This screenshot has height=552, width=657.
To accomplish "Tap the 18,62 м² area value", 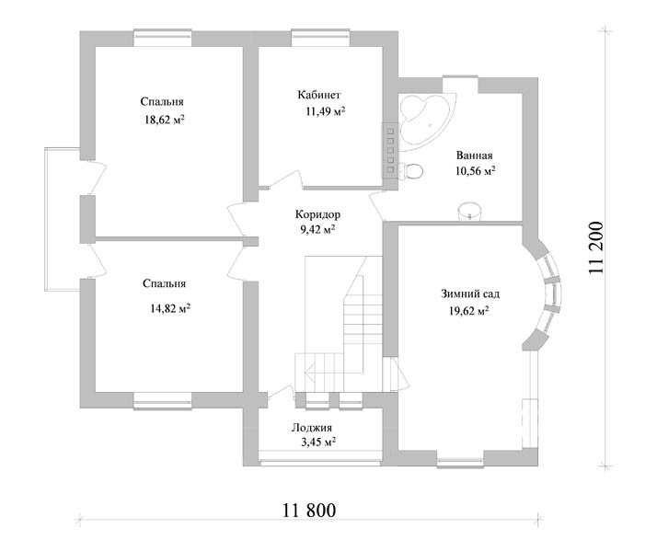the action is tap(165, 121).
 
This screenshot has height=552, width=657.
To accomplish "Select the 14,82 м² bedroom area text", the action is tap(170, 309).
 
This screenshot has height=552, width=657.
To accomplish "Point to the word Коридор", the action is tap(317, 215).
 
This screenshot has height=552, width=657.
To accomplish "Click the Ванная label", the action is tap(474, 155).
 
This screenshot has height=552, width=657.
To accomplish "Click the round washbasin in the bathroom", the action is tap(469, 211).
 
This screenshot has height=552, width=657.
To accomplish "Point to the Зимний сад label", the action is tap(470, 294).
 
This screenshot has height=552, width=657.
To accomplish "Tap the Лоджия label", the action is tap(312, 428).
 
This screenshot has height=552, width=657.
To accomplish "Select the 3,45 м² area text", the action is tap(318, 443).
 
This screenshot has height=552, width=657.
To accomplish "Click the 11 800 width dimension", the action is tap(309, 511).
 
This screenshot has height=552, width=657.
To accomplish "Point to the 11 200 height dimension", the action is tap(596, 247).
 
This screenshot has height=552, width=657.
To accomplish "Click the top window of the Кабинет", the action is tap(320, 38).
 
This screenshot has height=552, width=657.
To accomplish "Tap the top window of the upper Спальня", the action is tap(163, 38).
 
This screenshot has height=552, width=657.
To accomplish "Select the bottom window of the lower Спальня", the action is tap(163, 400).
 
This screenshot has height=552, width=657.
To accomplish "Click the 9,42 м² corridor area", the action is tap(317, 230).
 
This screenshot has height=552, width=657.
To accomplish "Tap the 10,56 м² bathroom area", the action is tap(475, 171).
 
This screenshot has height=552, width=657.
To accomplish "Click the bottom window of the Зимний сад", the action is tap(460, 459).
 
